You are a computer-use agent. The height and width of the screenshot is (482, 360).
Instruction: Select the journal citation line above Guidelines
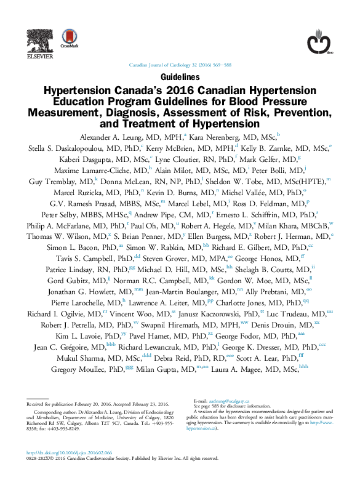click(179, 65)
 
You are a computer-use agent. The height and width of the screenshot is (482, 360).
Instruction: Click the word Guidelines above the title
click(180, 78)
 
